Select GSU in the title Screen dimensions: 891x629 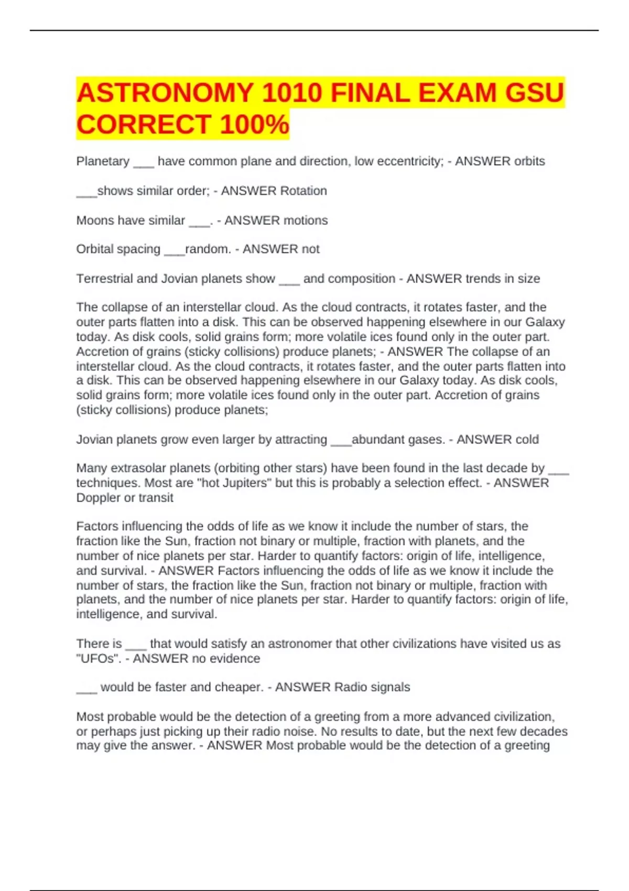click(534, 93)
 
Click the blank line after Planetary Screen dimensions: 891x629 click(144, 164)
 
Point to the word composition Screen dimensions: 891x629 click(361, 279)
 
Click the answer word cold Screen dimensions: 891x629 click(527, 439)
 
